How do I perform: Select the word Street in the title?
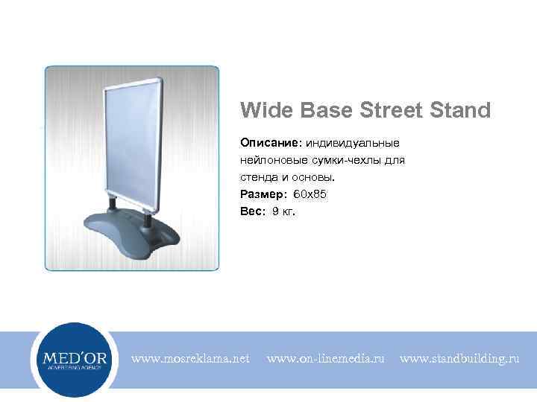tap(392, 111)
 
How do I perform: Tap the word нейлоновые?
tap(271, 159)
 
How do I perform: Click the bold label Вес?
tap(251, 211)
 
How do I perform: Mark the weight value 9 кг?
tap(284, 211)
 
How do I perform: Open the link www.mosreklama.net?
tap(191, 360)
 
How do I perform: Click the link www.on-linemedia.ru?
tap(325, 360)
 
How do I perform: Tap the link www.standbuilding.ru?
tap(459, 360)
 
